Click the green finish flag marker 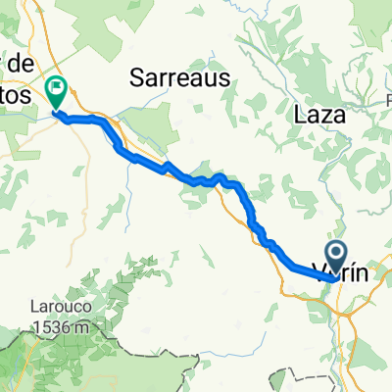[56, 93]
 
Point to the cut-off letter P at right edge [387, 103]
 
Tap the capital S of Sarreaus [135, 77]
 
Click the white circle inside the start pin [335, 255]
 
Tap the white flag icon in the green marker [56, 89]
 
